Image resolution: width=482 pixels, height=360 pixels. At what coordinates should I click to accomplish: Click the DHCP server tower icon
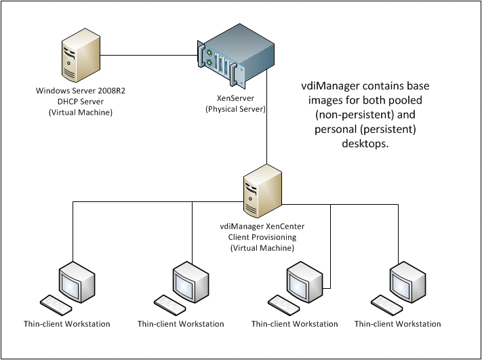pos(76,60)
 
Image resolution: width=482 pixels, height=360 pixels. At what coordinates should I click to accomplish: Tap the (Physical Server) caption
pos(235,108)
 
